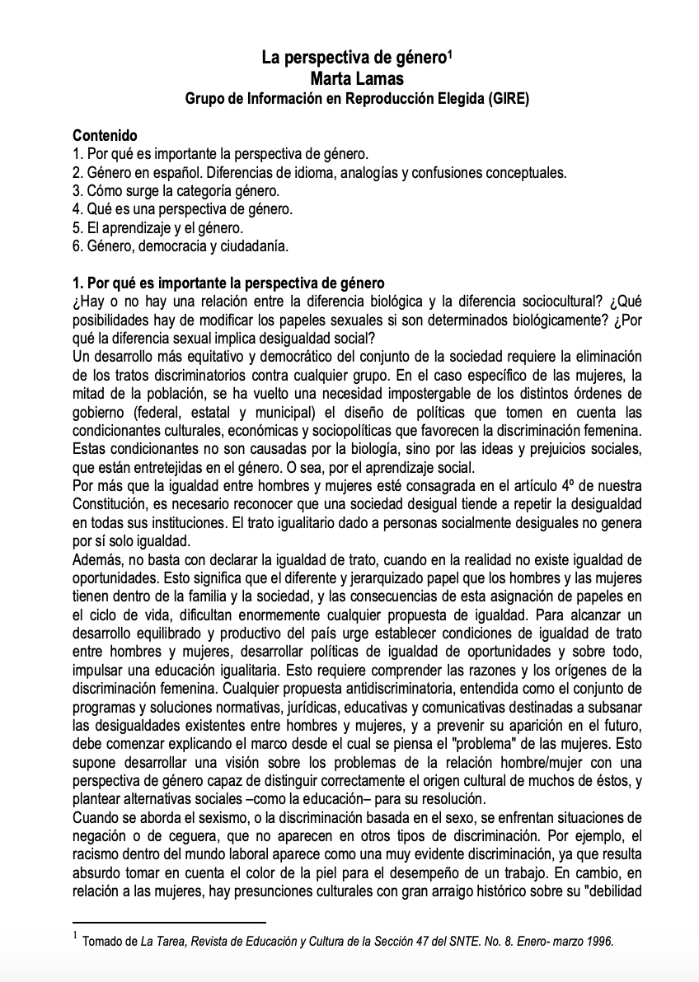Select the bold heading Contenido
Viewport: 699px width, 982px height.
coord(105,135)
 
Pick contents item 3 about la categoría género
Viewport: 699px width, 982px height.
coord(176,190)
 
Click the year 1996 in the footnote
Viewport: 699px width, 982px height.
coord(600,942)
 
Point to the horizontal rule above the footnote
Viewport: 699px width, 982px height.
coord(169,922)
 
